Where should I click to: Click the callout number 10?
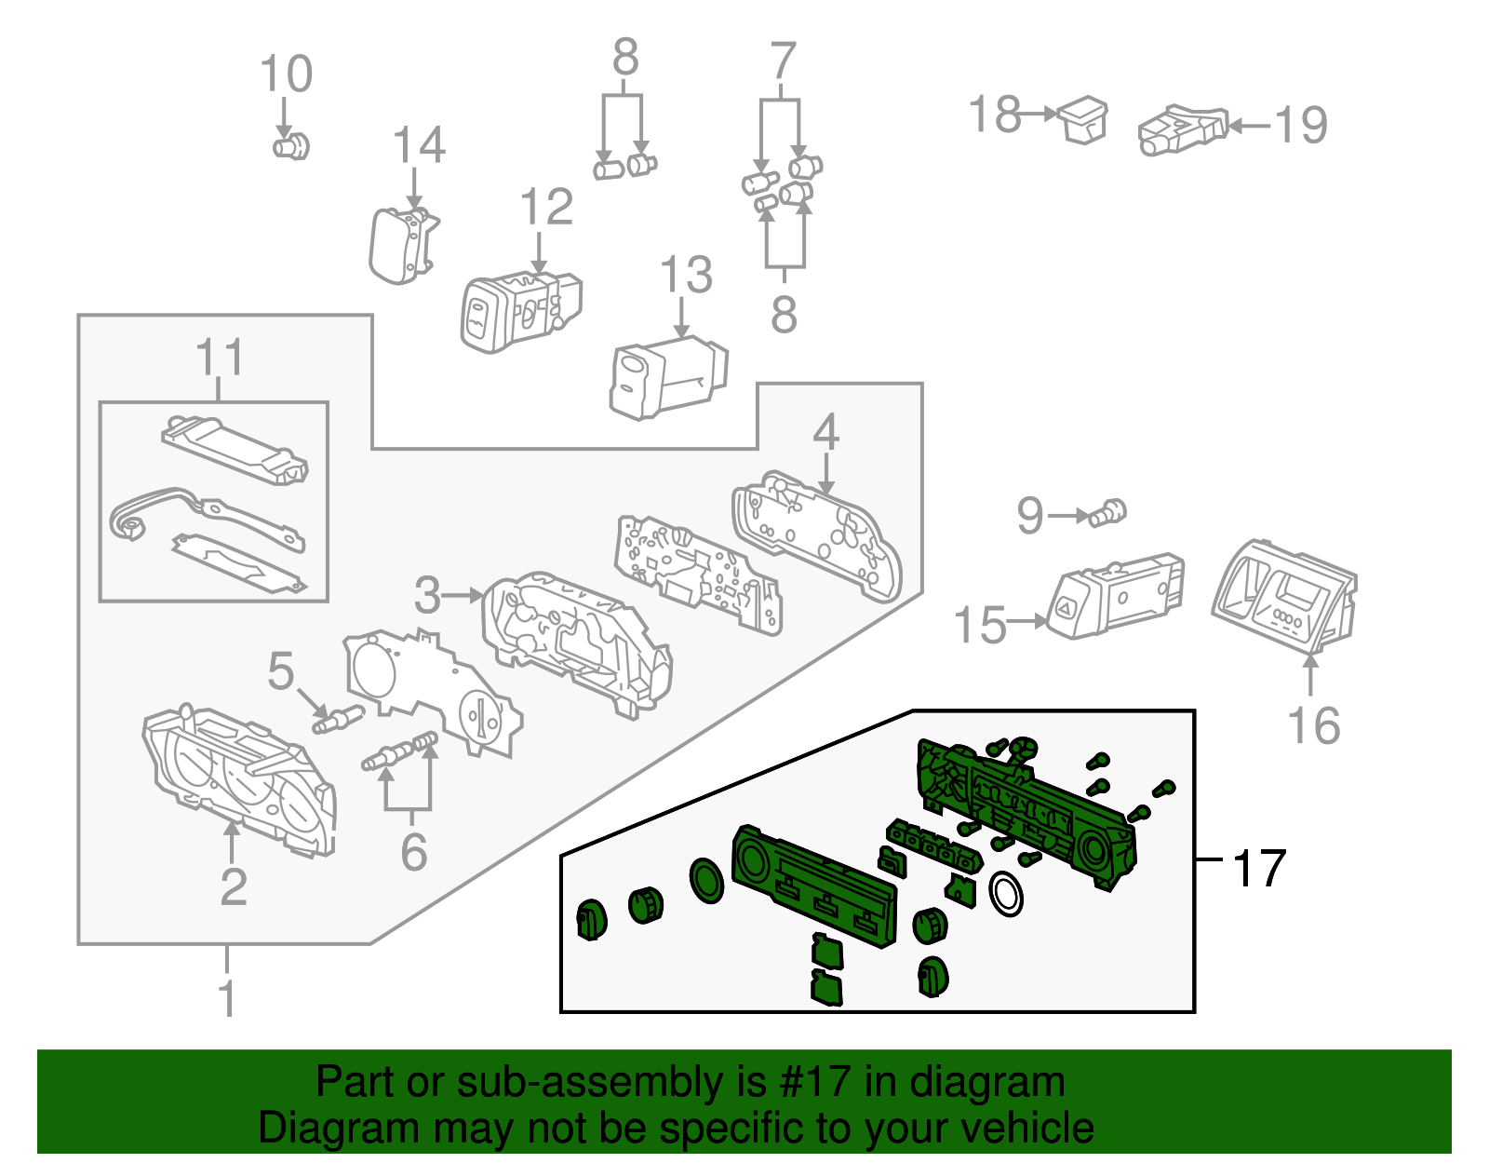coord(286,74)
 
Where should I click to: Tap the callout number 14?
coord(419,146)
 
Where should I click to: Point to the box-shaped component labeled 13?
coord(666,377)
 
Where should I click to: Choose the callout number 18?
coord(995,115)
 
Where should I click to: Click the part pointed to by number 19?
coord(1180,129)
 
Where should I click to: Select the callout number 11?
coord(221,358)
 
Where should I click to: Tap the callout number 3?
coord(427,596)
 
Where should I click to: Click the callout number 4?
coord(825,433)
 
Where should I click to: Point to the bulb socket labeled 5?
coord(337,719)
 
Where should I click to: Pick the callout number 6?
coord(413,852)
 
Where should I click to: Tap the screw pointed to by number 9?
coord(1109,512)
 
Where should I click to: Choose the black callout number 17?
coord(1259,869)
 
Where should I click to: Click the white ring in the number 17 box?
coord(1006,894)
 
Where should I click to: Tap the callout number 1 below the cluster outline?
coord(227,999)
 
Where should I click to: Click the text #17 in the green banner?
coord(808,1083)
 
